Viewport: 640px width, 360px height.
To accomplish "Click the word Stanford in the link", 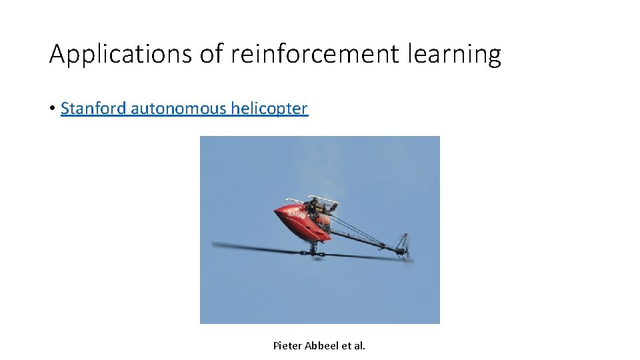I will [x=93, y=108].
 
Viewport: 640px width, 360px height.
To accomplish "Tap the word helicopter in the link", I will [x=269, y=108].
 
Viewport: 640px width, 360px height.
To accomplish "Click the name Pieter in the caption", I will [x=287, y=345].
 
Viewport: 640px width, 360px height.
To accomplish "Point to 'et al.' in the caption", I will [x=353, y=345].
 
